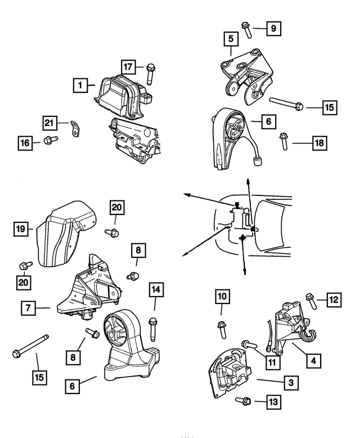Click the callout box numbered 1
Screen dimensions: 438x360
(x=80, y=86)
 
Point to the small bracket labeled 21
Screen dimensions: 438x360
(x=75, y=129)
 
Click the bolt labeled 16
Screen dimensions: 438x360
(x=48, y=140)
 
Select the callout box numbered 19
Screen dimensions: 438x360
(x=21, y=229)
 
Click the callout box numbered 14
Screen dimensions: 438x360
(x=156, y=290)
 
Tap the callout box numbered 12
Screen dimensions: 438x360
(x=334, y=300)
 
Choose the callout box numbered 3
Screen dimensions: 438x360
(x=291, y=383)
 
